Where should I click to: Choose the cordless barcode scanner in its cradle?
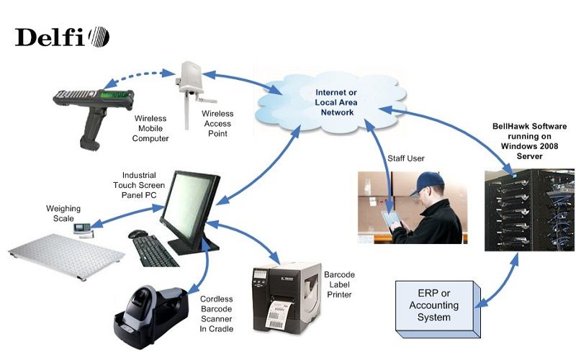pos(155,310)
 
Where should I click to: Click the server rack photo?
pos(529,209)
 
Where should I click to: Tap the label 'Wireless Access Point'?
pos(217,123)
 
